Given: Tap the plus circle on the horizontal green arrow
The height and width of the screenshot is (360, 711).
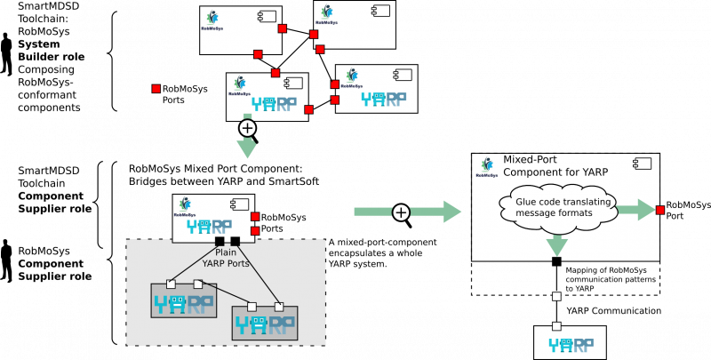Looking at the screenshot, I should pos(401,212).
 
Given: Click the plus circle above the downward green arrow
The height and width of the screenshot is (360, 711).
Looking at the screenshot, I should pos(247,128).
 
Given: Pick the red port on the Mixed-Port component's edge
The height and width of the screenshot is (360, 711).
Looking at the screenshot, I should pos(660,210).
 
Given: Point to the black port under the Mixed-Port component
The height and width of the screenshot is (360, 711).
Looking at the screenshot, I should pos(556,260).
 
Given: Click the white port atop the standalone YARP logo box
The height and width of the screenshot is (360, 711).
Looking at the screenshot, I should pos(556,326).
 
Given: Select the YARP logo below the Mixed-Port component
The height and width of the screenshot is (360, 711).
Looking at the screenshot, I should pos(570,344).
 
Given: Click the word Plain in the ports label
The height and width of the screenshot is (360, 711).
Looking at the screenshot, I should pos(226,252).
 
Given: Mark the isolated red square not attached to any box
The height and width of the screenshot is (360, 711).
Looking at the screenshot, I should pos(156,88).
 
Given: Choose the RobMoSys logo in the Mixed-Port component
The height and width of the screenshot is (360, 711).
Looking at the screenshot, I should pos(486,166).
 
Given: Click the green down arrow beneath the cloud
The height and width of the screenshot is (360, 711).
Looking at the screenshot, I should pos(556,245).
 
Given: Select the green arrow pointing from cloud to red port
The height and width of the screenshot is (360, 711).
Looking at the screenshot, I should pos(635,211).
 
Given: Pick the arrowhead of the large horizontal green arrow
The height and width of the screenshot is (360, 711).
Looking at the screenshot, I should pos(451,212).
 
